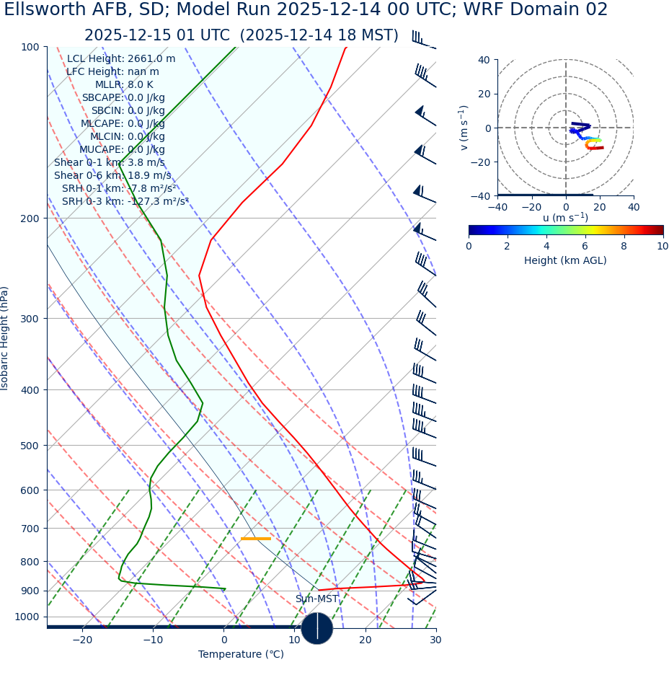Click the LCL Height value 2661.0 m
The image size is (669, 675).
pyautogui.click(x=151, y=59)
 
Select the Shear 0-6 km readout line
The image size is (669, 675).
pyautogui.click(x=112, y=175)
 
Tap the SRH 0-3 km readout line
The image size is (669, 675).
pyautogui.click(x=125, y=201)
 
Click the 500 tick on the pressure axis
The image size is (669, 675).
pyautogui.click(x=30, y=446)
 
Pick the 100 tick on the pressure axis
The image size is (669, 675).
pyautogui.click(x=30, y=47)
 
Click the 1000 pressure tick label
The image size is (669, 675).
pyautogui.click(x=27, y=617)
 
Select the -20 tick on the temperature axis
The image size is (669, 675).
pyautogui.click(x=82, y=640)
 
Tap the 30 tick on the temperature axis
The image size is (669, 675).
pyautogui.click(x=435, y=640)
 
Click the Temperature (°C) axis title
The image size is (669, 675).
pyautogui.click(x=241, y=654)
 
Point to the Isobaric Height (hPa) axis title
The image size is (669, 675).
pyautogui.click(x=5, y=338)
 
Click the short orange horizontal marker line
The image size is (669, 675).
pyautogui.click(x=255, y=539)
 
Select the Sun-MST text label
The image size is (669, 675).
pyautogui.click(x=316, y=599)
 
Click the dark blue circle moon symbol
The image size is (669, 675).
pyautogui.click(x=316, y=628)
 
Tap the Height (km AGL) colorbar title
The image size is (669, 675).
pyautogui.click(x=565, y=260)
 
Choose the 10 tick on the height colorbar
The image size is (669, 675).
pyautogui.click(x=663, y=246)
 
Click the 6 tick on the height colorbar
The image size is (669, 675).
pyautogui.click(x=585, y=246)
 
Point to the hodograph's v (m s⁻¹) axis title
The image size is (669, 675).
pyautogui.click(x=464, y=128)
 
